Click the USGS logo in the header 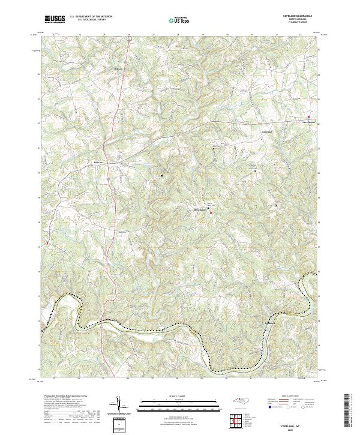pyautogui.click(x=54, y=20)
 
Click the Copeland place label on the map pyautogui.click(x=266, y=131)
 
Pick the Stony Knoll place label pyautogui.click(x=199, y=210)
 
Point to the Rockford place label pyautogui.click(x=269, y=324)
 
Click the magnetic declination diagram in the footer pyautogui.click(x=120, y=404)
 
